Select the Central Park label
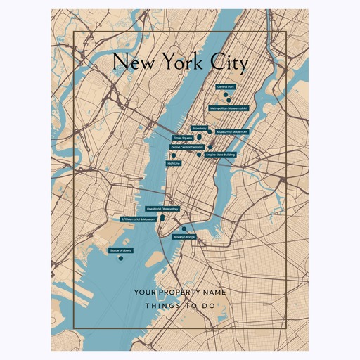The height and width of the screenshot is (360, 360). coord(226,87)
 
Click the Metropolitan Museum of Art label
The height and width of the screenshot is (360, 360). coord(229,108)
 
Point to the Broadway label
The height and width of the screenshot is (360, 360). coord(199,128)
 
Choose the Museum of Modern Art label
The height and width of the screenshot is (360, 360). coord(232,132)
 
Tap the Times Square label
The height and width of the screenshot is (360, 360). coord(182,138)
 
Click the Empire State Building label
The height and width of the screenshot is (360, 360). coord(221,154)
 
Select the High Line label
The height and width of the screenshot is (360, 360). coord(173,163)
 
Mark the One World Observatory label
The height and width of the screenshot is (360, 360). coord(162,209)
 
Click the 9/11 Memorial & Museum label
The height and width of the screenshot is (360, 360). coord(138,219)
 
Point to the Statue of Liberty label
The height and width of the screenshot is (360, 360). coord(121,250)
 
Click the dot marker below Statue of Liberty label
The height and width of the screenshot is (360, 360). coord(121,259)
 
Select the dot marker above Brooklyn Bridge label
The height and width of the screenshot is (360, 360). coord(184,229)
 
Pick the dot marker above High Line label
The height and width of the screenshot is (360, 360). coord(173,156)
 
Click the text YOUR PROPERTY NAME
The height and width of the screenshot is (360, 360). coord(179,292)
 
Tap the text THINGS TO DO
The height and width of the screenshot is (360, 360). coord(179,306)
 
